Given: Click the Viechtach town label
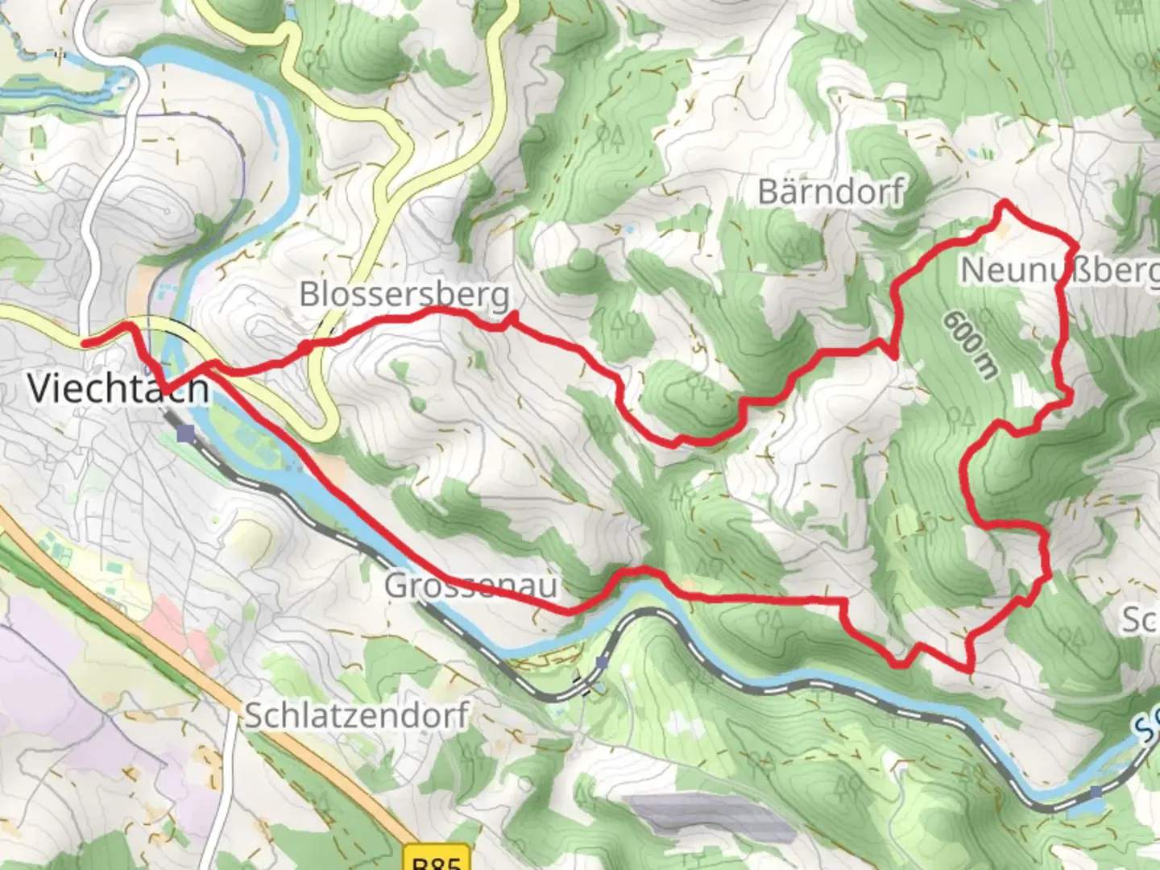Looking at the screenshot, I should coord(118,387).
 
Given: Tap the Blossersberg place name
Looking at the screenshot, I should coord(404,294).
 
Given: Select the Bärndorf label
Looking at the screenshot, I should coord(831,192).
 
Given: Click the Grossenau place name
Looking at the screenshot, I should coord(470,585).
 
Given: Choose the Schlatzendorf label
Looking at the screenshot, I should coord(357,715).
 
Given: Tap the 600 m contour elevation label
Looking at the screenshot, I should coord(970,344).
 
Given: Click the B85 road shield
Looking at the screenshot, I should coord(435,860).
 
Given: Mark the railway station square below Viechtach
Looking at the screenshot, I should coord(187,435).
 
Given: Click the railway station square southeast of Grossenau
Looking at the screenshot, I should coord(602,662).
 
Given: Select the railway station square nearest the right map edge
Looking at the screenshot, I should coord(1096,793).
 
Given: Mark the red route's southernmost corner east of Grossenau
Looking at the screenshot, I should coord(970,669).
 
